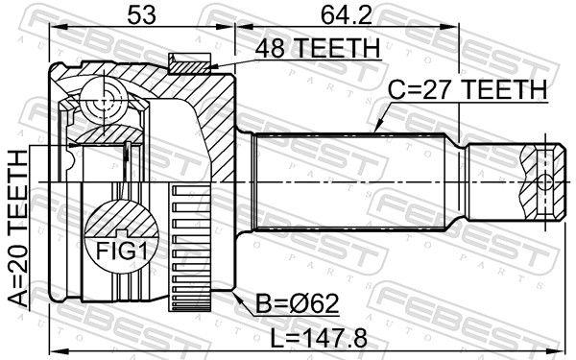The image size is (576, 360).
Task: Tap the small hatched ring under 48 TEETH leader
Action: click(x=186, y=63)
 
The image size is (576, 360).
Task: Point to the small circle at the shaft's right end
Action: click(x=543, y=181)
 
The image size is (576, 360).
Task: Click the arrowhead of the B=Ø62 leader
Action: click(x=236, y=300)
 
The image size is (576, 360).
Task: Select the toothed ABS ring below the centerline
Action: click(x=183, y=250)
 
